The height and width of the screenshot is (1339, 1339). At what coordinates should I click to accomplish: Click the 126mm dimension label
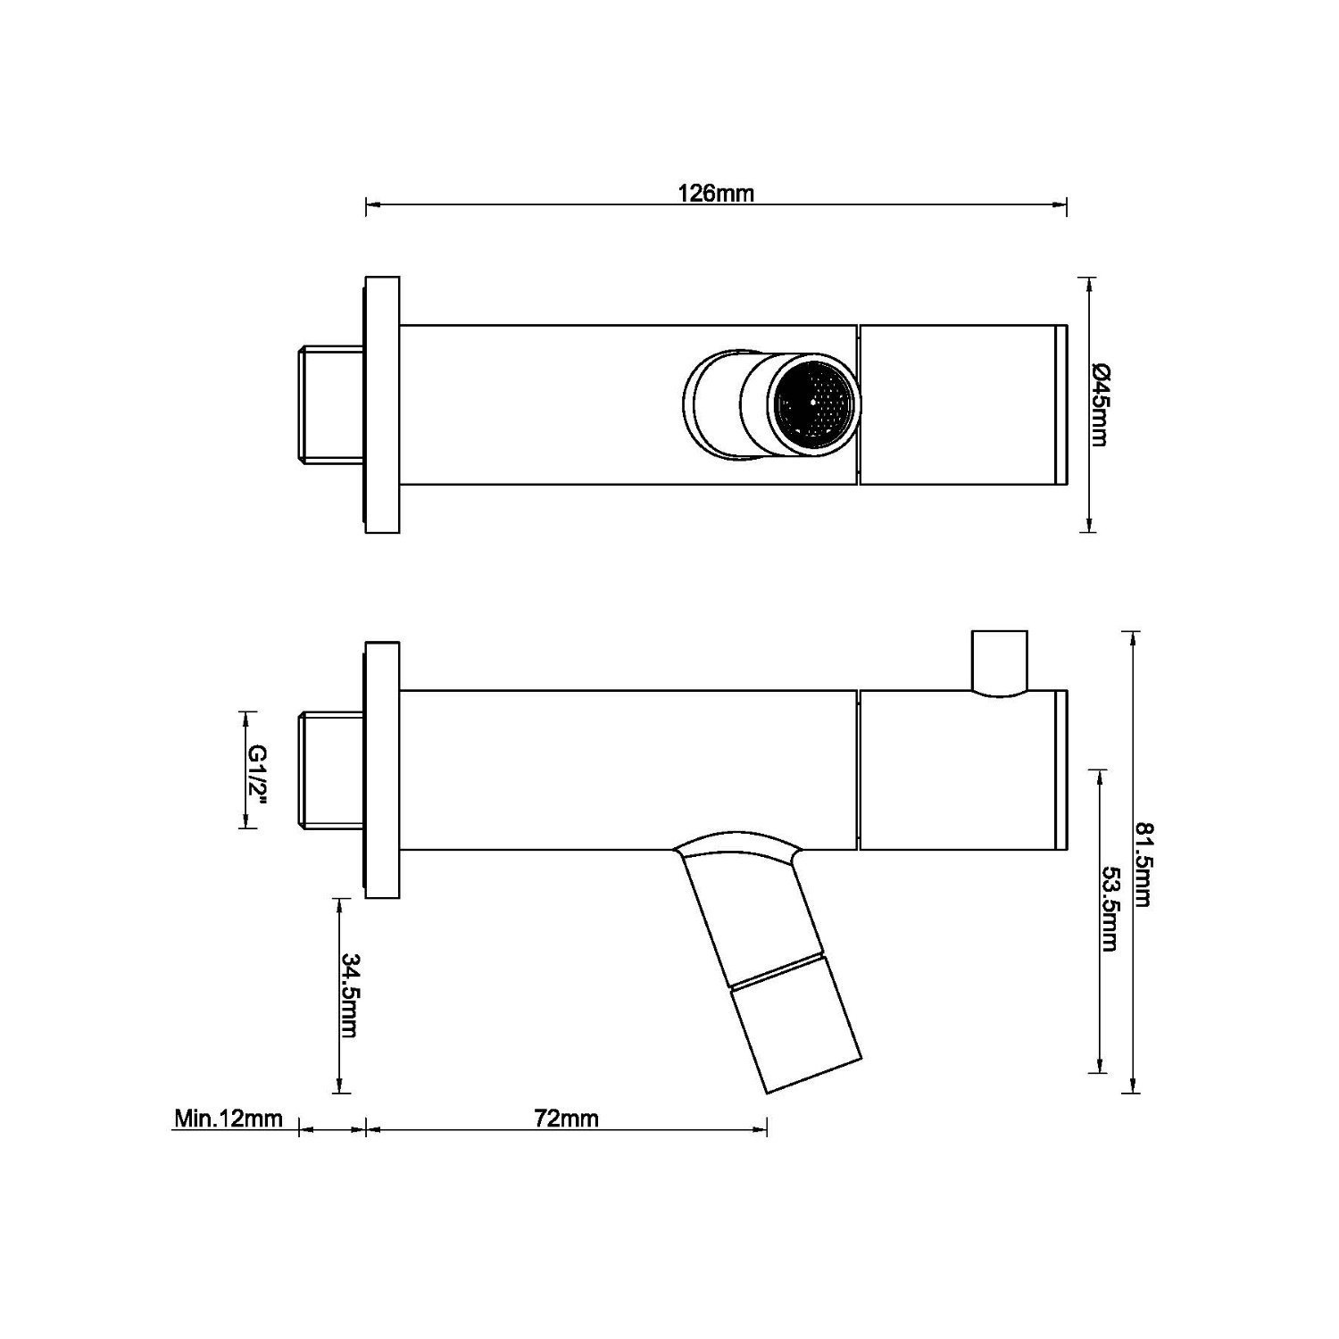tap(716, 193)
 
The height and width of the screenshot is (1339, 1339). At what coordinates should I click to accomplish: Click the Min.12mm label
tap(229, 1119)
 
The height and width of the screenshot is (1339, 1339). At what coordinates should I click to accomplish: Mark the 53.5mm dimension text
tap(1110, 909)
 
